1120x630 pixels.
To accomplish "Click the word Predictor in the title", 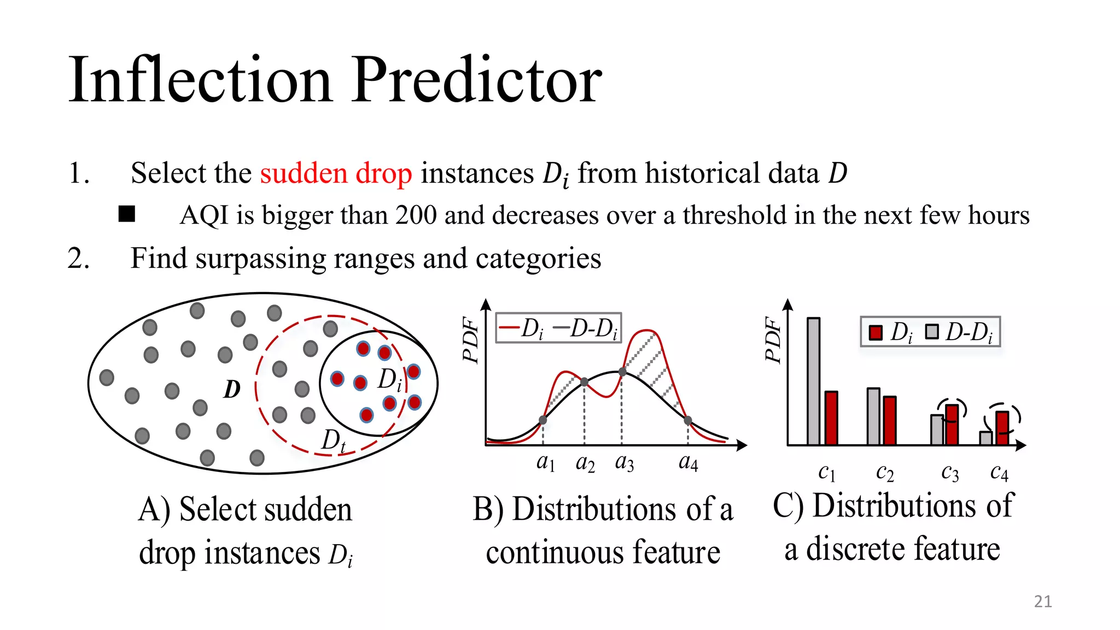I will (476, 81).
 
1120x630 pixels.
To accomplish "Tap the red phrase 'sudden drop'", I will (336, 173).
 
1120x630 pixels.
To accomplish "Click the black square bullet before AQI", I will (127, 214).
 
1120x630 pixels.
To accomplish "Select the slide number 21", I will (1042, 602).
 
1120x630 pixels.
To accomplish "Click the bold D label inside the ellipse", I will (232, 389).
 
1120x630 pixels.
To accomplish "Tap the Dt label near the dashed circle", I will (333, 440).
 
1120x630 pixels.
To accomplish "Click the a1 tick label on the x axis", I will (545, 463).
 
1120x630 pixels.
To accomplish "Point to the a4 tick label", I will (688, 463).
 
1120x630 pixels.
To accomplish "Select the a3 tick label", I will (624, 463).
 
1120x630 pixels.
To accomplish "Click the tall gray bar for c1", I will (813, 381).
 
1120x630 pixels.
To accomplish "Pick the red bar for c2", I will (889, 420).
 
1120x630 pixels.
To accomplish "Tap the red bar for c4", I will (1002, 428).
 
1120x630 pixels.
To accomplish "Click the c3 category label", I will (950, 472).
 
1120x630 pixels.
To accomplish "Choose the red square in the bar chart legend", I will (876, 332).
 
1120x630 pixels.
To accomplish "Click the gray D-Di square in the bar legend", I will (932, 331).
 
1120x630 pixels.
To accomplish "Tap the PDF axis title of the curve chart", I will (470, 339).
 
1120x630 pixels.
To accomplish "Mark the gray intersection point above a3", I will (622, 372).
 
